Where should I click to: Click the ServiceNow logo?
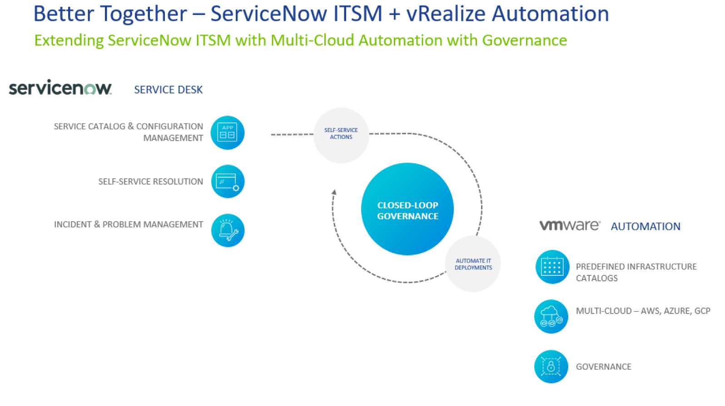(x=60, y=88)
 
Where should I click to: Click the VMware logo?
(x=570, y=225)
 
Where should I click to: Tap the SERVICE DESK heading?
(x=168, y=90)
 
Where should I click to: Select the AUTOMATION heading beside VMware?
(x=645, y=226)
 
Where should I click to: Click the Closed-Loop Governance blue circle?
(x=407, y=209)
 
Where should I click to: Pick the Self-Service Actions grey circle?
(x=341, y=135)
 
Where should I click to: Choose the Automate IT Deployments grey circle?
(x=473, y=264)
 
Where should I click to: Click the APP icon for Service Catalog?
(x=228, y=133)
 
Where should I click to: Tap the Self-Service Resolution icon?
(x=228, y=181)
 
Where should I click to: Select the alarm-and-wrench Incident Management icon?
(x=228, y=230)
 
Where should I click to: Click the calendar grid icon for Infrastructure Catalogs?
(x=552, y=267)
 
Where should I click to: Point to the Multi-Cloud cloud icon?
(x=551, y=316)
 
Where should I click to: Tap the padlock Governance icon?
(x=551, y=367)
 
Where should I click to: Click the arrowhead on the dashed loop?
(x=334, y=192)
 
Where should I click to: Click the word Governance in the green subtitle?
(x=524, y=40)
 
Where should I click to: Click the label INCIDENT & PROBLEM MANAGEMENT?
(x=129, y=225)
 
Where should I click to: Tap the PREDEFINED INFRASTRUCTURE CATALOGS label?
(x=636, y=272)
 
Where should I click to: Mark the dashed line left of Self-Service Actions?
(x=292, y=135)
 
